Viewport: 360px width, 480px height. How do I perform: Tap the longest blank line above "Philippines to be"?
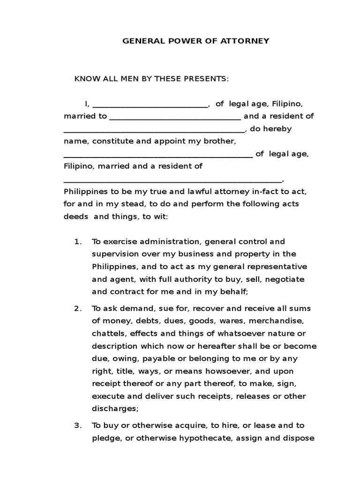click(173, 180)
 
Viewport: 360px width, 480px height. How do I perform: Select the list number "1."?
click(78, 242)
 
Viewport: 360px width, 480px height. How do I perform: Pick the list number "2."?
click(78, 308)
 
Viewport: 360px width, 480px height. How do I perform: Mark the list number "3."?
click(78, 426)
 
